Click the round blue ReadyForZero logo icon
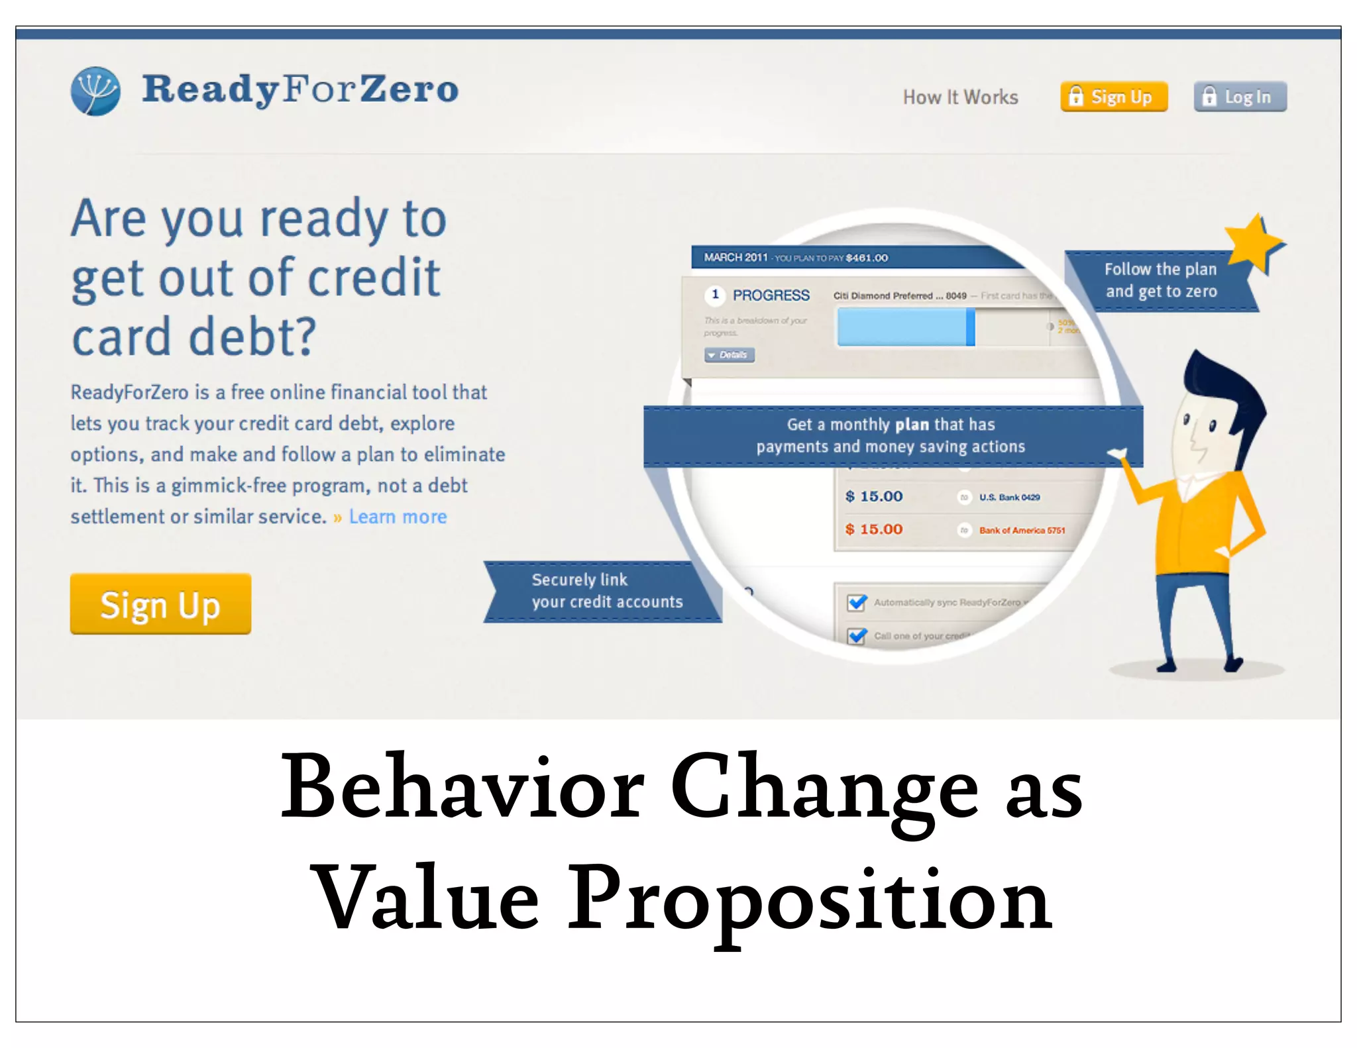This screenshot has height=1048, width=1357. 96,91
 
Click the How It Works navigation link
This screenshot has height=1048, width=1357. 960,97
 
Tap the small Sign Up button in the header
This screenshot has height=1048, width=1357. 1114,97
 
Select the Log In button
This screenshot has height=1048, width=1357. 1240,97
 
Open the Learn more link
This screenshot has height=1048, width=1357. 398,517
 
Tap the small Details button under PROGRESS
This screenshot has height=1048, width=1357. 730,355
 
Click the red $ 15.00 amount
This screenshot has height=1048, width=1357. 874,529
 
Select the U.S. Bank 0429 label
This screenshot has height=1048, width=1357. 1009,498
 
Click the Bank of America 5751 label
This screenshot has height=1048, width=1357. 1022,531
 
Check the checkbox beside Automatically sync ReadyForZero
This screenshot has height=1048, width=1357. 857,602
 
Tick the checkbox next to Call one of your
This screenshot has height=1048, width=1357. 857,635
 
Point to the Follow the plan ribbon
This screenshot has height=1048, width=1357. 1160,281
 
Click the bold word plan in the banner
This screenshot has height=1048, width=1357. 912,425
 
